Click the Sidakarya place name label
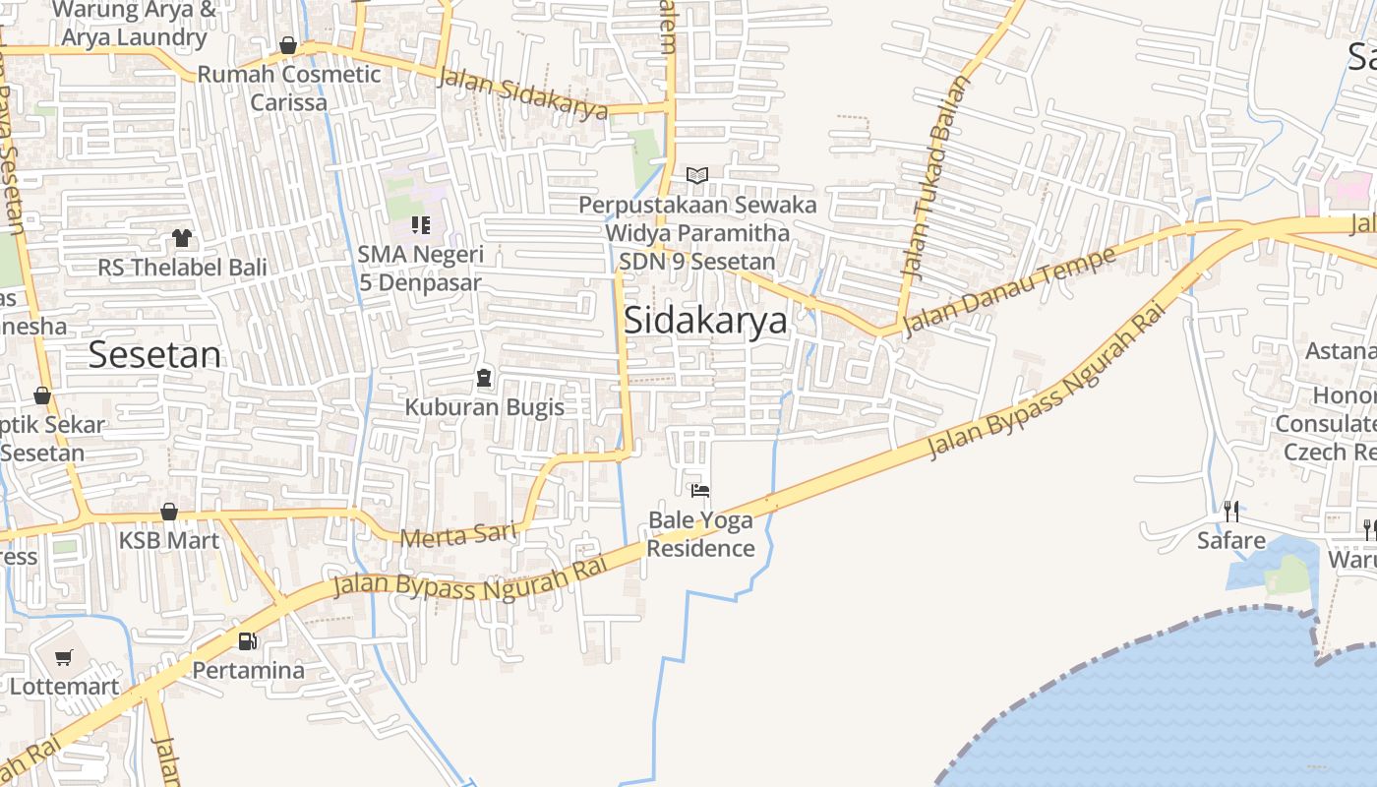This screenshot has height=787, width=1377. [705, 321]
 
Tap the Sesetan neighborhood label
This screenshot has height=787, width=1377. [155, 354]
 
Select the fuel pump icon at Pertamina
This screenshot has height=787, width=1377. [247, 641]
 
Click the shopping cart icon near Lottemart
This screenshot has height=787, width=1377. [64, 658]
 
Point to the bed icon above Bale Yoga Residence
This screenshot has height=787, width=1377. [700, 490]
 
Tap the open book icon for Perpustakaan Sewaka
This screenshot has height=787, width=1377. [697, 175]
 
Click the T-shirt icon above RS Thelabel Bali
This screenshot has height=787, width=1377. [182, 237]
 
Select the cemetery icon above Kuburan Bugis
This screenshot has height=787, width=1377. [483, 378]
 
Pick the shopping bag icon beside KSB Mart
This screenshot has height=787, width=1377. [169, 512]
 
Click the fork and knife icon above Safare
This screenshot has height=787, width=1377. [1230, 511]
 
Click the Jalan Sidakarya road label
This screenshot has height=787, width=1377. [522, 93]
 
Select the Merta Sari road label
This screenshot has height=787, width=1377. [458, 535]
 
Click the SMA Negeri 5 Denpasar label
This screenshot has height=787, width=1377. [420, 269]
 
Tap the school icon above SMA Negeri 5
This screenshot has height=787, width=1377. [421, 225]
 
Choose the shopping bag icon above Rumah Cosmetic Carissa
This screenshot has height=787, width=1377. [288, 45]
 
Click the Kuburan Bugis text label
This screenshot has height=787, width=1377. [485, 407]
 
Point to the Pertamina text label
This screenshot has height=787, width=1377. [248, 670]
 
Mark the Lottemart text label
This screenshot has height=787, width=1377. [64, 687]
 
